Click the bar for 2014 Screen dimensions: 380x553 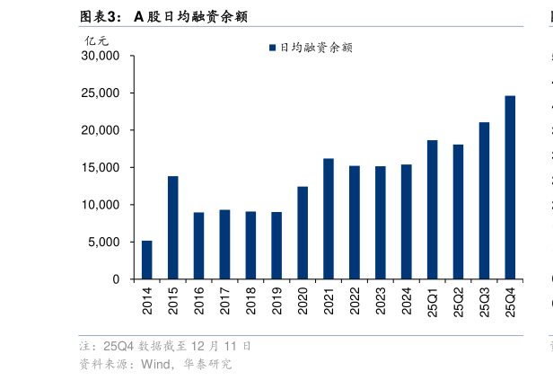[x=146, y=260]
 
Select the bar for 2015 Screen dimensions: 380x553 [x=172, y=227]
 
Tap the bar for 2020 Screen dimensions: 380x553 [x=303, y=233]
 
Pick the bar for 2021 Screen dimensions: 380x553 [x=329, y=218]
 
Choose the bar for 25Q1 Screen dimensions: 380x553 [x=432, y=209]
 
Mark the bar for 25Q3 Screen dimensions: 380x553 [x=484, y=200]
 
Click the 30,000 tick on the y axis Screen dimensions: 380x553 [x=101, y=56]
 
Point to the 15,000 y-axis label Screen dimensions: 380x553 [x=101, y=168]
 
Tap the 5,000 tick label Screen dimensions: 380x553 [x=104, y=243]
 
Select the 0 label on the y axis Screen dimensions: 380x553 [x=117, y=279]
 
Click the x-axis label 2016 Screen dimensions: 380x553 [x=199, y=299]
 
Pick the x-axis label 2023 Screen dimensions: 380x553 [x=381, y=299]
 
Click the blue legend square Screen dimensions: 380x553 [x=272, y=48]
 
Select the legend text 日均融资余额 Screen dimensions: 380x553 [x=315, y=48]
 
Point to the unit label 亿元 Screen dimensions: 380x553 [x=95, y=40]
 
